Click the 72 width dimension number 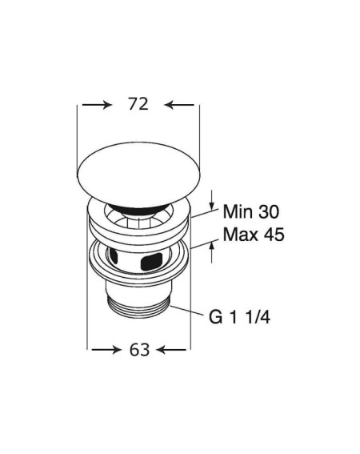pyautogui.click(x=138, y=104)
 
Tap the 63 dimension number pyautogui.click(x=139, y=350)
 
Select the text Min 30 pyautogui.click(x=251, y=211)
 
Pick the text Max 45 pyautogui.click(x=254, y=234)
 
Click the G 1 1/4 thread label pyautogui.click(x=240, y=317)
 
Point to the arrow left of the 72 pyautogui.click(x=97, y=105)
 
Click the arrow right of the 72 pyautogui.click(x=179, y=105)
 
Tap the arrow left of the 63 pyautogui.click(x=106, y=350)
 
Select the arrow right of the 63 pyautogui.click(x=171, y=350)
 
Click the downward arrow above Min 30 pyautogui.click(x=212, y=200)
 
